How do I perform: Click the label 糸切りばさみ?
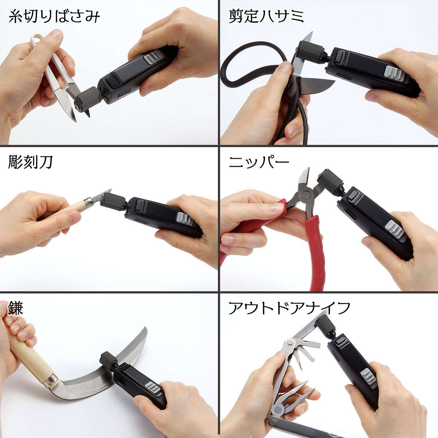54,17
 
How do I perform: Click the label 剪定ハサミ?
266,16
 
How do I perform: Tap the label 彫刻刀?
30,162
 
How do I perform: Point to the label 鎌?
15,308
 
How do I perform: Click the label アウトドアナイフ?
289,308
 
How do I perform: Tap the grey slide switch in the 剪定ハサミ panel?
394,74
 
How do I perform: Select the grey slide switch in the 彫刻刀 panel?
185,219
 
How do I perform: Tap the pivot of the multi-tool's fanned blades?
291,343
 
